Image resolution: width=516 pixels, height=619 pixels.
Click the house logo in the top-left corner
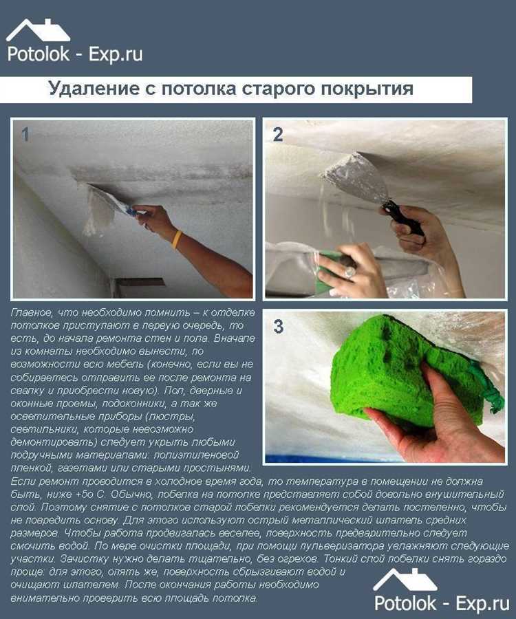point(38,30)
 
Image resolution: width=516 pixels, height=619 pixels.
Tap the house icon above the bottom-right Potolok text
point(405,580)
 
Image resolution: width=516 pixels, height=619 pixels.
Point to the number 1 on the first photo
point(25,135)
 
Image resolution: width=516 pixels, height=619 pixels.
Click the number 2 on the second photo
point(278,135)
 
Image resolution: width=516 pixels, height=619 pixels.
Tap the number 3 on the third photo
point(278,327)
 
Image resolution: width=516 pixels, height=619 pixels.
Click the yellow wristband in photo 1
point(178,239)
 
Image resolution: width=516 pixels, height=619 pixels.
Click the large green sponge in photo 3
point(406,375)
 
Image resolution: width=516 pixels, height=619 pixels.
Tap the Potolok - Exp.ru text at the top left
point(75,54)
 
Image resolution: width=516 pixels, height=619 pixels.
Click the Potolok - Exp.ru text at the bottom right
point(442,604)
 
